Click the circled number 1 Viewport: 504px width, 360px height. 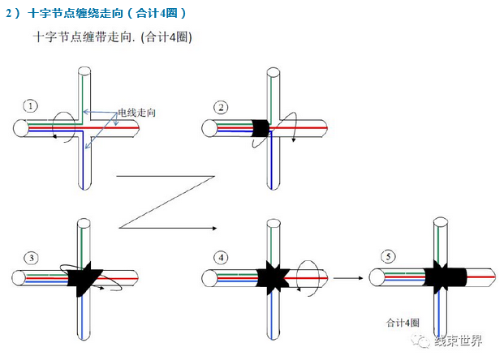(x=31, y=105)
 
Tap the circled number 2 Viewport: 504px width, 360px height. (x=220, y=106)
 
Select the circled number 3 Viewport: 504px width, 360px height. (x=31, y=258)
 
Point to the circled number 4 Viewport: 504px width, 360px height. (x=222, y=258)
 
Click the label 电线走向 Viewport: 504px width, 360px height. (x=135, y=112)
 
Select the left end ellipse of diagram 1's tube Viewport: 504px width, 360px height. (x=21, y=128)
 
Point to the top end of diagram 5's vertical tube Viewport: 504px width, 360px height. (x=441, y=221)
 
